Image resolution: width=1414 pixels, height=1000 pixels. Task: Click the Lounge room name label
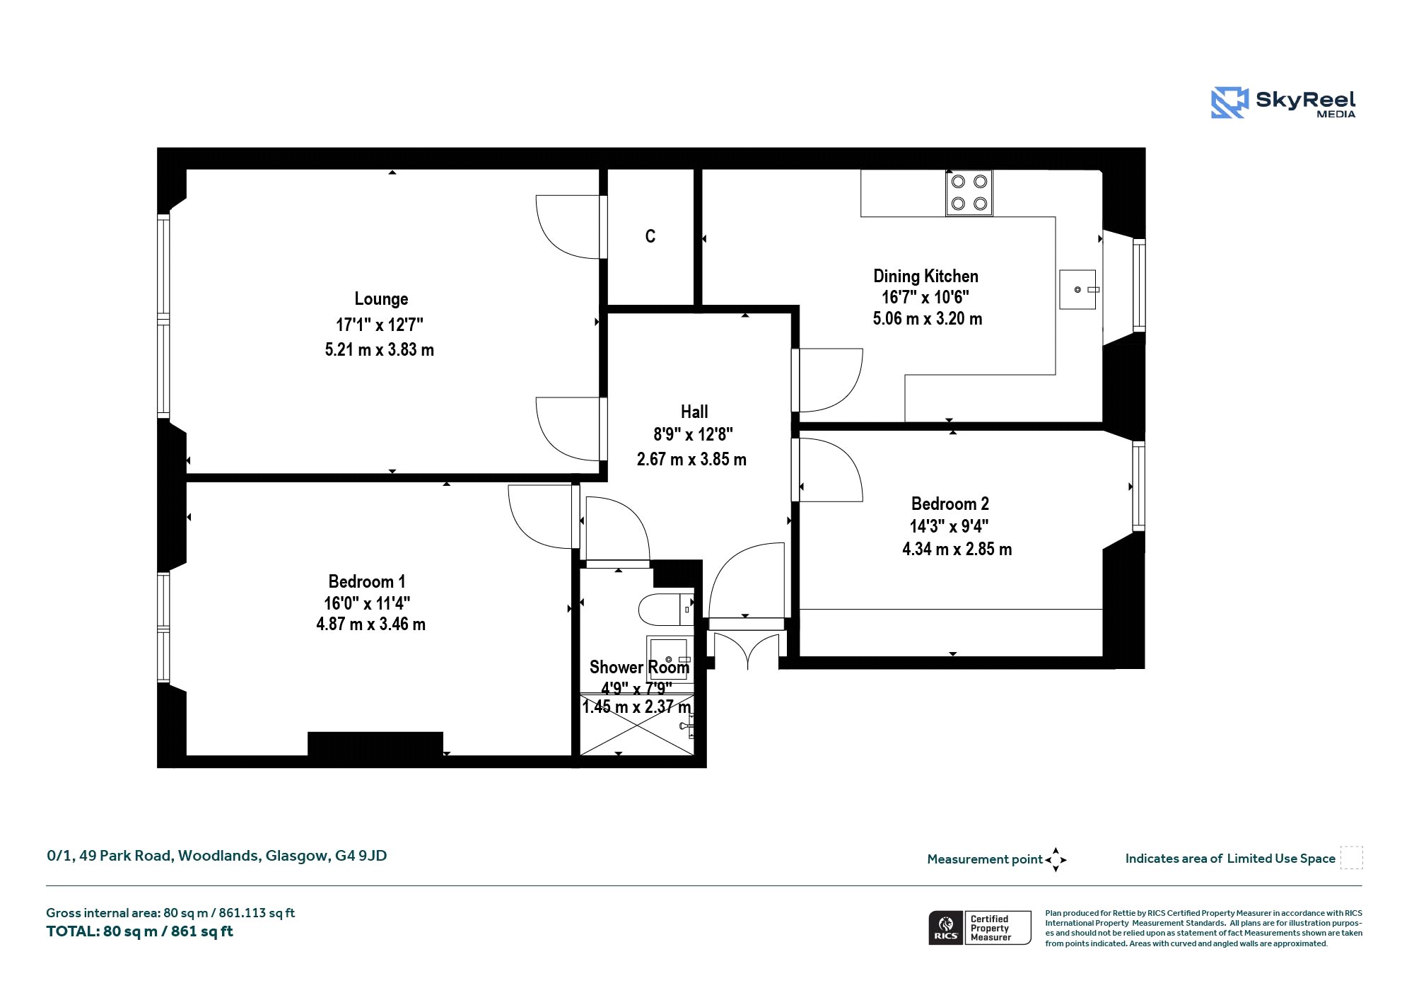coord(381,299)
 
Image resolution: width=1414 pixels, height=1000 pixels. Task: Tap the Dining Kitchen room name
coord(926,276)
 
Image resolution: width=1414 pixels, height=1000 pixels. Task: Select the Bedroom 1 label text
coord(367,581)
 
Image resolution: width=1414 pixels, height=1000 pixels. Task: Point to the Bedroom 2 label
coord(950,504)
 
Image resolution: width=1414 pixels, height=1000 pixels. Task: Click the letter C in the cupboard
coord(650,236)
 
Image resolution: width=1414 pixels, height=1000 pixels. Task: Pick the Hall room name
coord(694,412)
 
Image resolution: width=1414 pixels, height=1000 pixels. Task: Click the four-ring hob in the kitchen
coord(969,192)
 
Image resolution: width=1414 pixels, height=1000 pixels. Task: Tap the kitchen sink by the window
coord(1079,289)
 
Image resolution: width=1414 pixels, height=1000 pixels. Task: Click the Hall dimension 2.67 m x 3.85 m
coord(691,459)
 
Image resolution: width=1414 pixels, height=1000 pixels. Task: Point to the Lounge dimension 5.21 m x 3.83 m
coord(380,349)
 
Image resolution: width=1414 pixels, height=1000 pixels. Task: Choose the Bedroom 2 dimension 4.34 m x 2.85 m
coord(957,549)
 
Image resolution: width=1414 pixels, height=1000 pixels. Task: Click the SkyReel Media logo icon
coord(1229,103)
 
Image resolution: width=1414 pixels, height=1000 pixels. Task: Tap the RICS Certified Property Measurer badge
coord(980,928)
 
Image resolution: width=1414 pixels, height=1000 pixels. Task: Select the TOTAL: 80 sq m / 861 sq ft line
coord(140,931)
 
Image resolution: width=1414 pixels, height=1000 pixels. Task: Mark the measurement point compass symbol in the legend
coord(1056,860)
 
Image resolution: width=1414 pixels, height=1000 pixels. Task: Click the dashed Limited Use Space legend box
coord(1352,858)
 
